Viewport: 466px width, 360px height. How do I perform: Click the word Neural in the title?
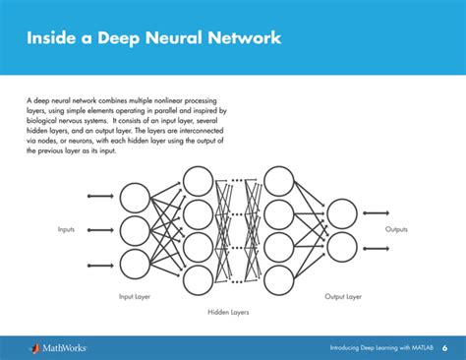tap(184, 38)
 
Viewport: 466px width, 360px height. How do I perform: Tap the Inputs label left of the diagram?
tap(66, 229)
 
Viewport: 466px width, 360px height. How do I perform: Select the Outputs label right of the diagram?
tap(396, 229)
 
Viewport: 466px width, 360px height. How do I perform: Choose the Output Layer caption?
tap(342, 295)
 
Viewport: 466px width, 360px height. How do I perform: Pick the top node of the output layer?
tap(340, 212)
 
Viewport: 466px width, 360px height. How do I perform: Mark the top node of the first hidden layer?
tap(199, 181)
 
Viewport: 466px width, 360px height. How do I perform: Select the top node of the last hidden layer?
tap(279, 181)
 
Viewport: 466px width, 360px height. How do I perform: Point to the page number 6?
tap(443, 347)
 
